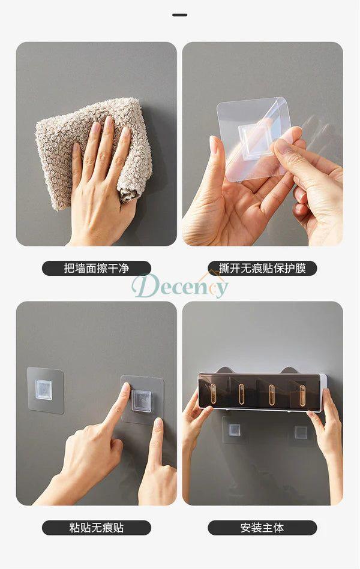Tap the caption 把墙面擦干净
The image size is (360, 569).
(x=96, y=268)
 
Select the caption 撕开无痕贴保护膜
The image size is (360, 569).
(x=262, y=268)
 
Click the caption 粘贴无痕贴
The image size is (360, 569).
(x=96, y=527)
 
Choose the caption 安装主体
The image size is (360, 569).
(x=262, y=527)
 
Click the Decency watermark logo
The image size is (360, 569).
(x=180, y=287)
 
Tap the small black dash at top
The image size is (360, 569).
(x=180, y=15)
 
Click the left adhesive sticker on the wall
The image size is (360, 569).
(x=46, y=390)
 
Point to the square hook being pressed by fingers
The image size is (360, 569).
(x=139, y=401)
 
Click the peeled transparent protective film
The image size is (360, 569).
(x=254, y=140)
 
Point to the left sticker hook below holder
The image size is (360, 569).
(x=233, y=430)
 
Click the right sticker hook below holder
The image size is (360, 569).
(x=300, y=432)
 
